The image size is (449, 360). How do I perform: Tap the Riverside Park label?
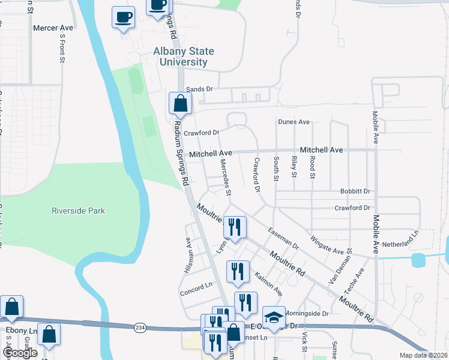coord(78,211)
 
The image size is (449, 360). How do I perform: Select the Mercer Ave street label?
coord(53,28)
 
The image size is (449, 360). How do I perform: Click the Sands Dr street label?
coord(199,89)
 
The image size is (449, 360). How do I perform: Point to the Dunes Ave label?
coord(294,122)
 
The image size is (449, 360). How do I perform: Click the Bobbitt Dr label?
coord(355,191)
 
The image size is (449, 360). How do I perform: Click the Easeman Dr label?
coord(283,238)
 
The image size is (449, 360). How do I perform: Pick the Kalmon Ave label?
coord(268,283)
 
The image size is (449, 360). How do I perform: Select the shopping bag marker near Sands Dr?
coord(180,103)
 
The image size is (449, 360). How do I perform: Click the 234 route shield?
coord(140,326)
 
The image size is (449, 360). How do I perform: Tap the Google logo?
coord(19,353)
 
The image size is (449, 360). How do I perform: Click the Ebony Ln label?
coord(24,331)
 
